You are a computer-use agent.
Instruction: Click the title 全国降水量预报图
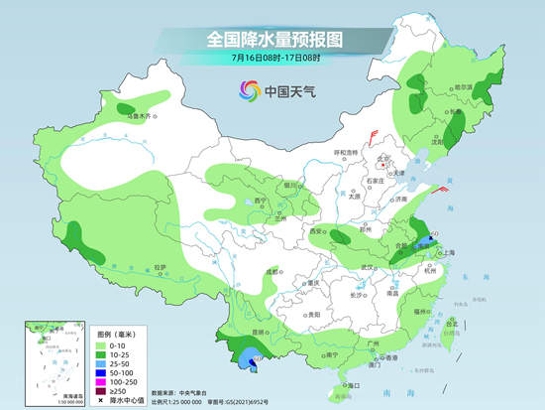click(x=272, y=39)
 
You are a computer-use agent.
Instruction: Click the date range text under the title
click(x=272, y=58)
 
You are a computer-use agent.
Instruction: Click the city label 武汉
click(x=372, y=268)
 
